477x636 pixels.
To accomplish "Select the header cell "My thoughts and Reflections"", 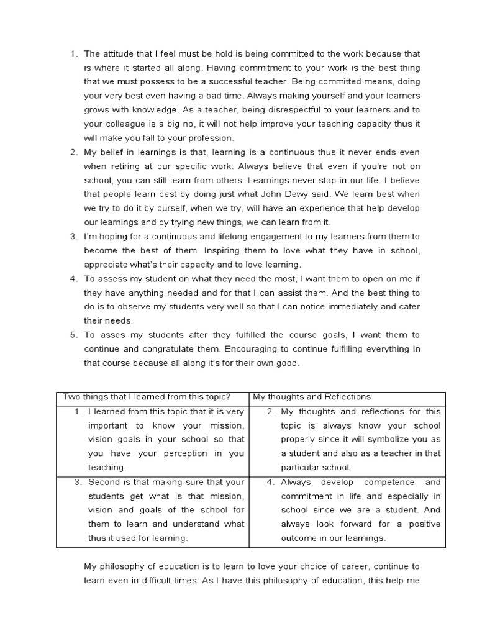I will (x=311, y=397).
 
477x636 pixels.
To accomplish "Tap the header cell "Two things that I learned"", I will (x=147, y=397).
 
